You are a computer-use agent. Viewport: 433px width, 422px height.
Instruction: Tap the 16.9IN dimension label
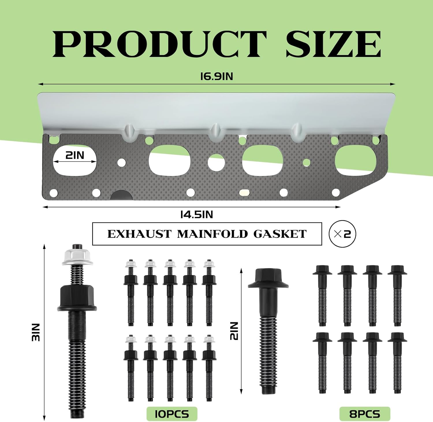216,77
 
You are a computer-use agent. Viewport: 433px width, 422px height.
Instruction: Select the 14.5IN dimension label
197,215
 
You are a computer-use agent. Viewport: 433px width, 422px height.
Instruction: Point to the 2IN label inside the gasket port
75,155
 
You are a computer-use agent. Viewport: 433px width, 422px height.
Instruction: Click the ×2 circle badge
342,234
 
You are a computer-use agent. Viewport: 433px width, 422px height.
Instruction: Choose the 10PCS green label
172,414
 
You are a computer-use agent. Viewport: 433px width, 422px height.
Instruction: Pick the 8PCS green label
365,414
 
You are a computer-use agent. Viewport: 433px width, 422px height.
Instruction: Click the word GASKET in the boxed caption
280,234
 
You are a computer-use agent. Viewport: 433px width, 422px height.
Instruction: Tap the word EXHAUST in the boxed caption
139,234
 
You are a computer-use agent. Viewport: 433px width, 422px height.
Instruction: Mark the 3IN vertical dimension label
36,332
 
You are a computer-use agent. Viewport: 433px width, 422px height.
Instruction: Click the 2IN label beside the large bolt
234,331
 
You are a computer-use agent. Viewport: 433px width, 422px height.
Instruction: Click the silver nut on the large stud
77,257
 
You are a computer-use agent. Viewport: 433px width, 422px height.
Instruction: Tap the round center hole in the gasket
216,162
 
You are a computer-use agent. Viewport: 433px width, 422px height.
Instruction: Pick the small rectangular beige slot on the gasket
244,192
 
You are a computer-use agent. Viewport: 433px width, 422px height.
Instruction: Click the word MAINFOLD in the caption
212,234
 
